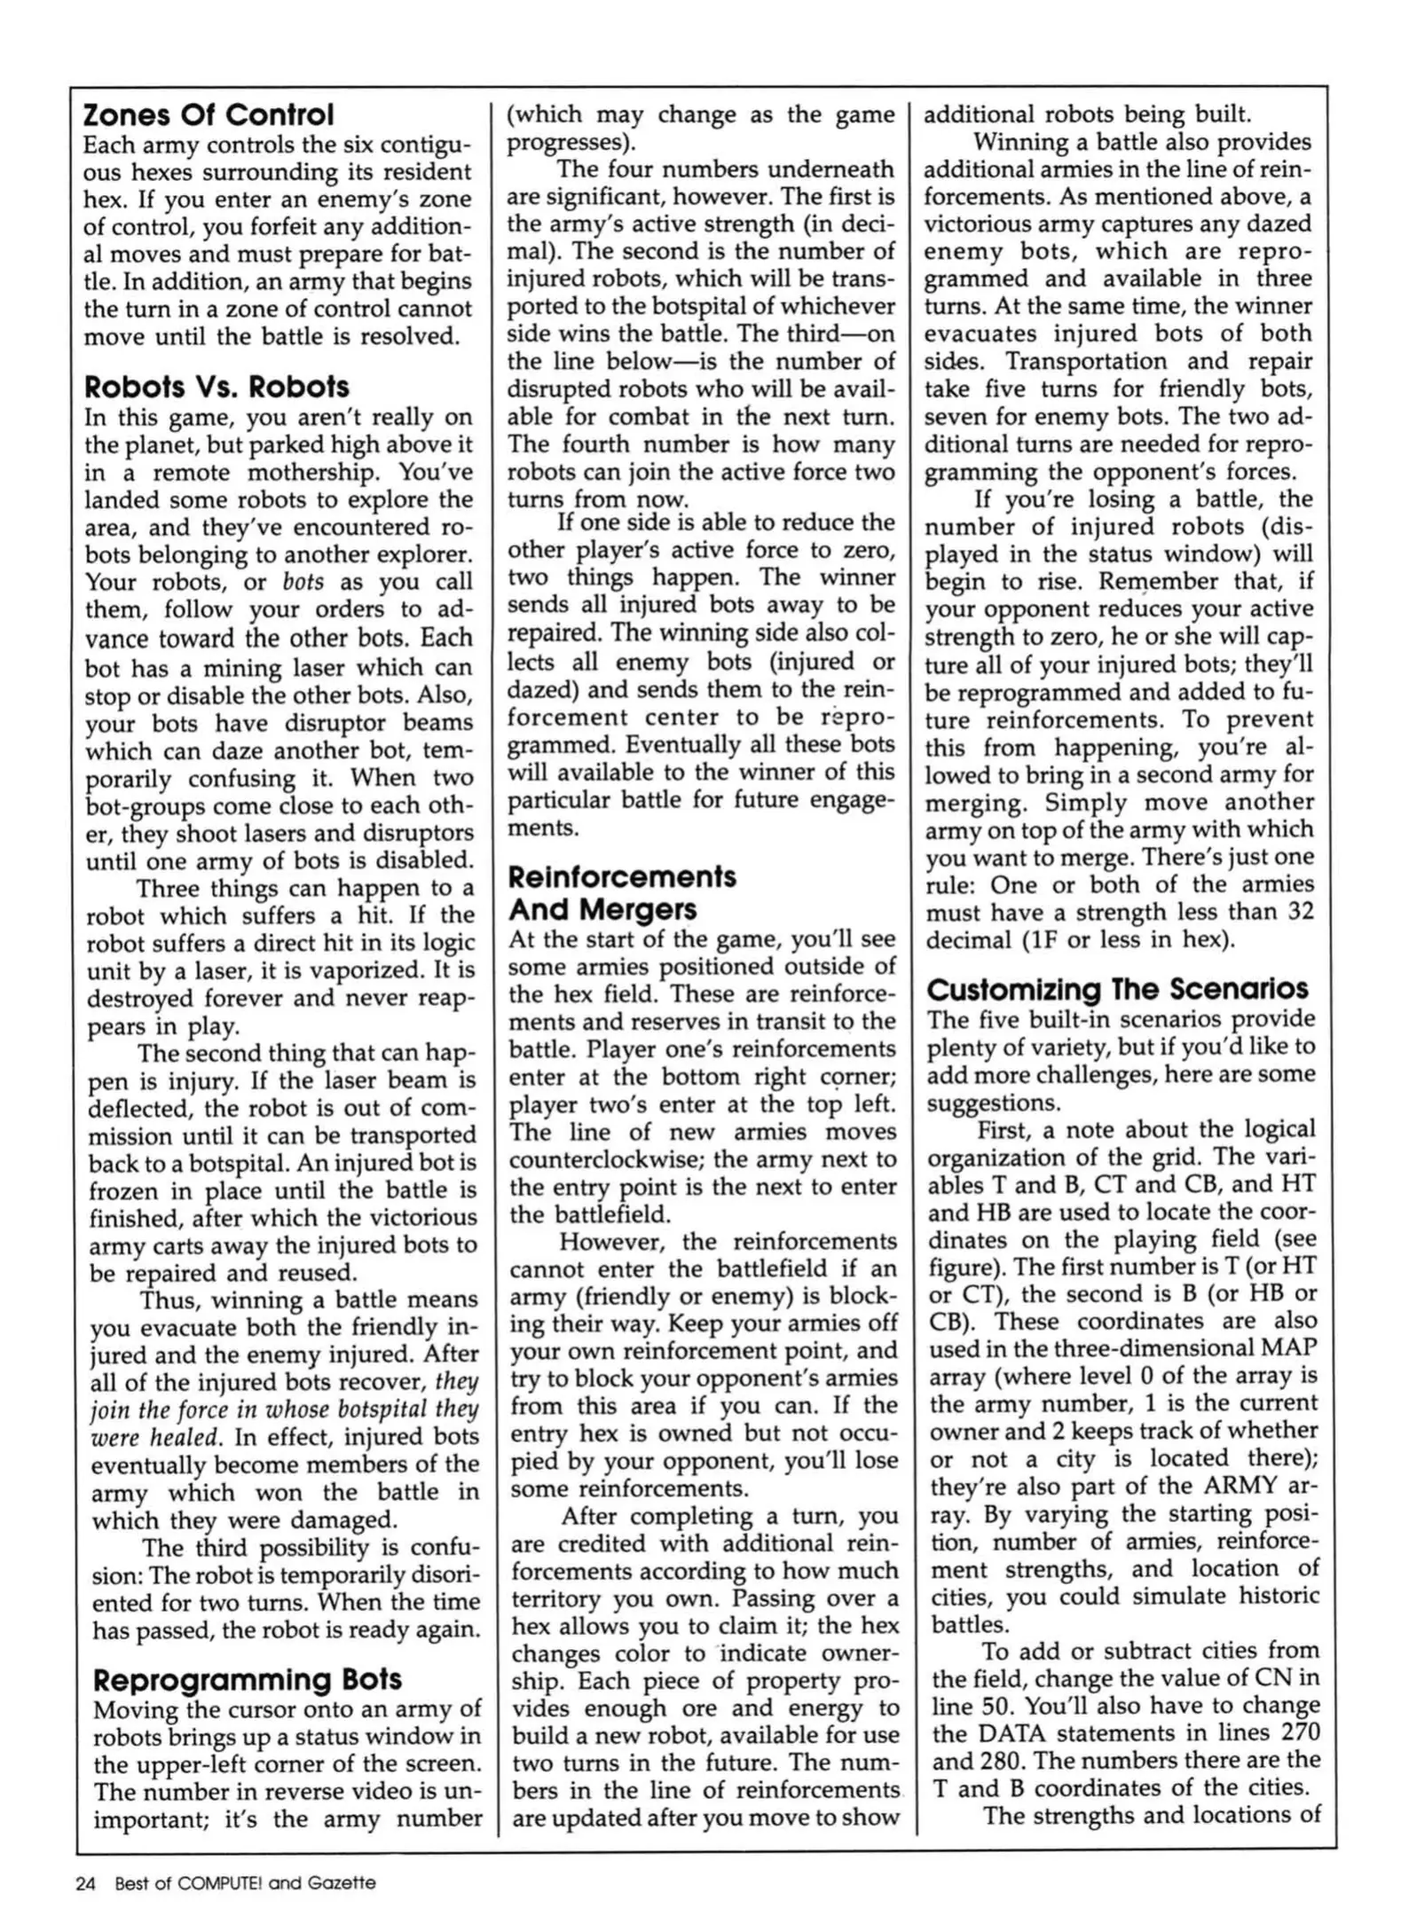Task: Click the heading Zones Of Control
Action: (x=209, y=115)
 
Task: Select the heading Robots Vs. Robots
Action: (x=217, y=388)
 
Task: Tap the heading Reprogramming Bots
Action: (x=248, y=1679)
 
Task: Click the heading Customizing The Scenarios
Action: (x=1117, y=989)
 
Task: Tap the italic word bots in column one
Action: (x=303, y=583)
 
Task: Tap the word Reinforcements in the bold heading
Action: (x=622, y=877)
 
